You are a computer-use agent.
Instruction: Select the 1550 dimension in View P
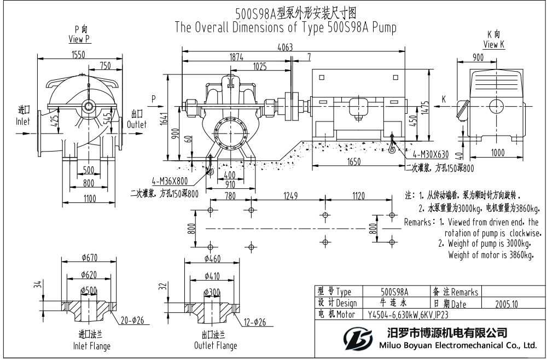pos(80,54)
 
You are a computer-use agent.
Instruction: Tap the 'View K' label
pos(493,45)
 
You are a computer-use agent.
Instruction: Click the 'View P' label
pos(80,39)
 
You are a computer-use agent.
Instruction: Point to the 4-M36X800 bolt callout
pos(170,180)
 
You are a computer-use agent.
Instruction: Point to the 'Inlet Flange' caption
pos(91,345)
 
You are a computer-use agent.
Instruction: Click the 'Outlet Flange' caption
pos(216,345)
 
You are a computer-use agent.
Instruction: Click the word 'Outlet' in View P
pos(137,124)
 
